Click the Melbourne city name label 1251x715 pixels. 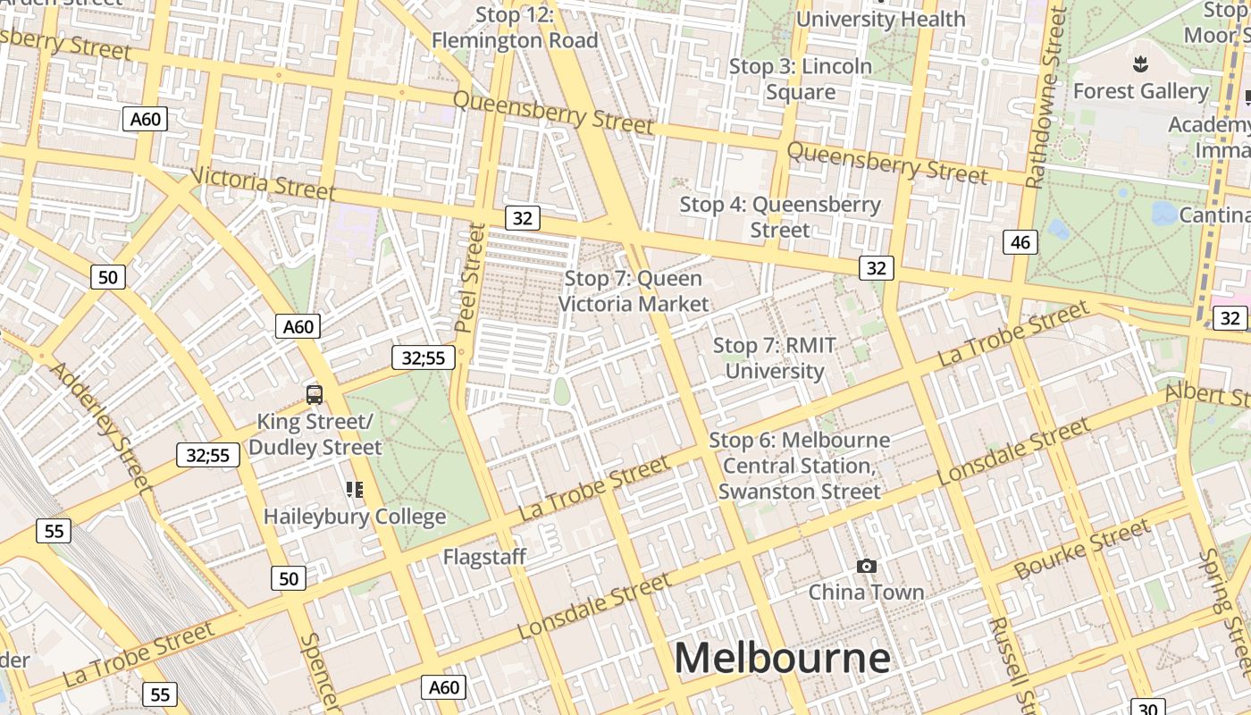tap(782, 658)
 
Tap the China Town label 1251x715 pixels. tap(866, 592)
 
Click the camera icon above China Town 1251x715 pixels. tap(866, 566)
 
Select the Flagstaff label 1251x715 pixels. tap(484, 557)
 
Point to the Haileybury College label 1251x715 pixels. tap(355, 517)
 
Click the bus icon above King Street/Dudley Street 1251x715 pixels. tap(315, 394)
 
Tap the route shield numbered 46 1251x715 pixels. tap(1020, 241)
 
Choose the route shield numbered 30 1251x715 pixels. tap(1147, 707)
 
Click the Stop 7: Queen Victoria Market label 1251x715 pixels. tap(634, 291)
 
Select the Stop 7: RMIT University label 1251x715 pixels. tap(774, 358)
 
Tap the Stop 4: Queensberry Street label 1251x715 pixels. tap(780, 217)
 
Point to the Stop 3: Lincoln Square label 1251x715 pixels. tap(800, 79)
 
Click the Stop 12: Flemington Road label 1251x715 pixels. tap(515, 28)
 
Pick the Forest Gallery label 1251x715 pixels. tap(1140, 91)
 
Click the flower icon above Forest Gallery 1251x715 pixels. tap(1139, 64)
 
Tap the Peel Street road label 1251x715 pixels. tap(470, 278)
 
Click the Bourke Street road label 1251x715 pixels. tap(1082, 549)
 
